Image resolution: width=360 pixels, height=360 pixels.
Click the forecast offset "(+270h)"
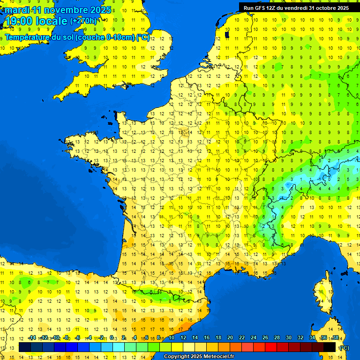point(83,21)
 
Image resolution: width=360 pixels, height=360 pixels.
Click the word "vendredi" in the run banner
point(298,8)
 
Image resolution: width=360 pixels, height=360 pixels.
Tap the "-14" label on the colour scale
point(32,338)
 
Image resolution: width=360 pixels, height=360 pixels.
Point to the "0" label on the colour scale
point(112,338)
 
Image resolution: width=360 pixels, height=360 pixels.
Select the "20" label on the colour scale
point(230,338)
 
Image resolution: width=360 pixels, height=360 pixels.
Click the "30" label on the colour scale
point(288,338)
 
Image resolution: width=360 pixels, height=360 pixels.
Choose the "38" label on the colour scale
point(335,338)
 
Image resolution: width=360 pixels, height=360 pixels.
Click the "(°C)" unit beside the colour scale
point(344,348)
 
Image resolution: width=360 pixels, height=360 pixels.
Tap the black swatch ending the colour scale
point(330,347)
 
